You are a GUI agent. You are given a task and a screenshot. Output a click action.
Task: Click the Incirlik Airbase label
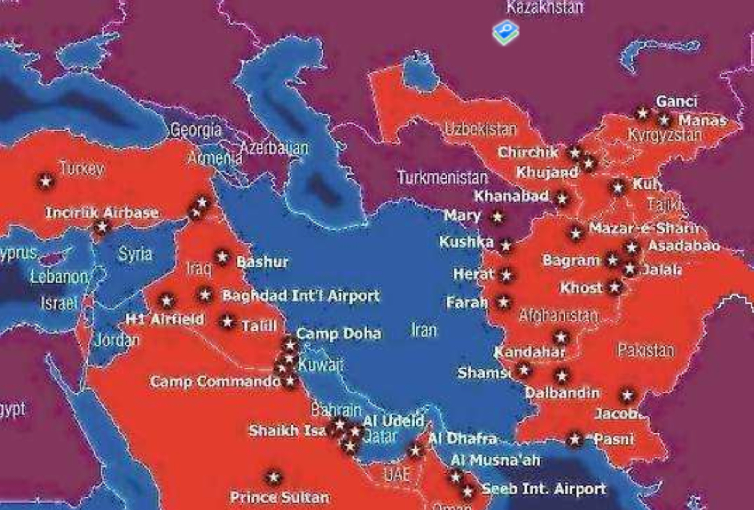[101, 213]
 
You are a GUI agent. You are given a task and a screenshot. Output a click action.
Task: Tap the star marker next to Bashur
[223, 258]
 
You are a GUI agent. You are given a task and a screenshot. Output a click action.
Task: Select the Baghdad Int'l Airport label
[300, 296]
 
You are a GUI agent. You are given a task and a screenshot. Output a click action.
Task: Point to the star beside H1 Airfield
[167, 302]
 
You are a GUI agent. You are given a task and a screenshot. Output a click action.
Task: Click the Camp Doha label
[338, 334]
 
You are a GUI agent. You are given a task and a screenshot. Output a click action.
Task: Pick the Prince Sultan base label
[279, 497]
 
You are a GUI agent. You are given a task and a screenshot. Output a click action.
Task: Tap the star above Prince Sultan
[274, 478]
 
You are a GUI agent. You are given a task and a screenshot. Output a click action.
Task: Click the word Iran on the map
[425, 330]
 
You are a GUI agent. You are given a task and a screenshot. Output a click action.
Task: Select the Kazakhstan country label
[545, 7]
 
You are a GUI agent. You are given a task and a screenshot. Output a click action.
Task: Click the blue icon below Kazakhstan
[505, 33]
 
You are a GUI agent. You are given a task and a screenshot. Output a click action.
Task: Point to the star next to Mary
[498, 217]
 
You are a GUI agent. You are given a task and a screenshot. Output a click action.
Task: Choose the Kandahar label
[530, 352]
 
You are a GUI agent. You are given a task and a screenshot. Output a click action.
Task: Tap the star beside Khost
[615, 287]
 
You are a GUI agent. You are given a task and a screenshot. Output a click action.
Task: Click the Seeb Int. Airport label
[543, 488]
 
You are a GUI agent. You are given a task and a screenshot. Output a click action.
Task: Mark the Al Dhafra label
[462, 439]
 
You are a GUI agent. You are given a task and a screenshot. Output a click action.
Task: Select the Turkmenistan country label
[442, 177]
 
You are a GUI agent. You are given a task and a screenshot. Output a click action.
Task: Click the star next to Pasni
[575, 439]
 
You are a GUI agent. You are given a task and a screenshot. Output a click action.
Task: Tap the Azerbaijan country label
[274, 148]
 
